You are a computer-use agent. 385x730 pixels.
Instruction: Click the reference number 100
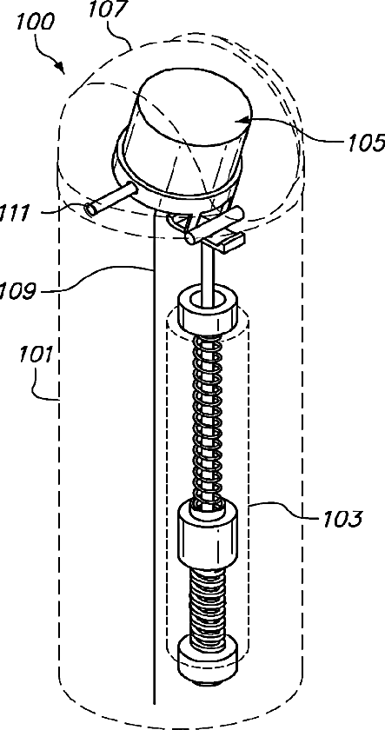click(x=35, y=22)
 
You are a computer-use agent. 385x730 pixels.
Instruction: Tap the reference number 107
click(x=108, y=10)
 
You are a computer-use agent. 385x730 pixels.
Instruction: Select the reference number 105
click(x=366, y=143)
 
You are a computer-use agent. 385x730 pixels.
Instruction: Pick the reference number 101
click(x=34, y=357)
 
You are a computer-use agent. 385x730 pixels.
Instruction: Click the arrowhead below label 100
click(x=61, y=69)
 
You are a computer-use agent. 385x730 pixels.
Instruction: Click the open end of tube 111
click(x=90, y=210)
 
